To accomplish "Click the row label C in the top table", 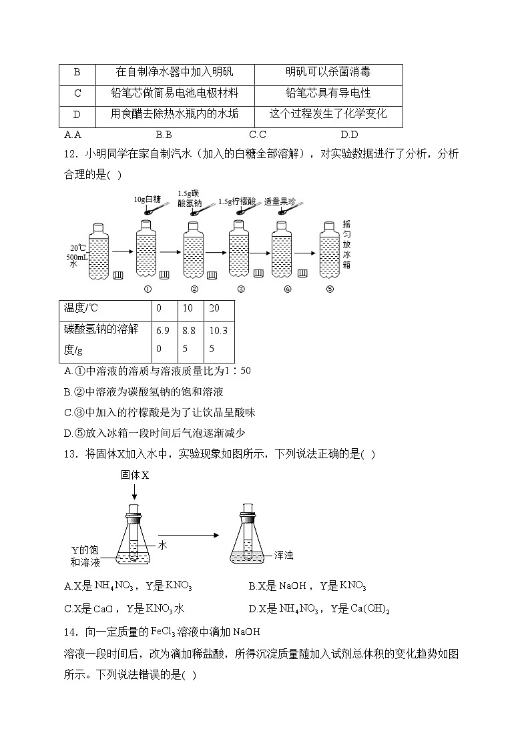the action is pos(77,93).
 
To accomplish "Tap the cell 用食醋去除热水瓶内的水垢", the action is pos(174,114).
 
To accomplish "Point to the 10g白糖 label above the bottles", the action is pos(147,199).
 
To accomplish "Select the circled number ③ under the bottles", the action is pos(241,289).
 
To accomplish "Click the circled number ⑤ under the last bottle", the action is pos(329,289).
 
